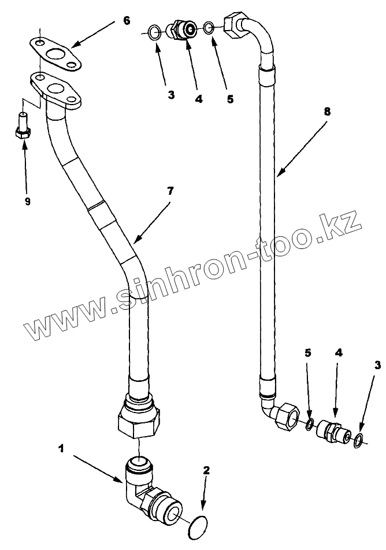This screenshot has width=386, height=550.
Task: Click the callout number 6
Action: pos(127,21)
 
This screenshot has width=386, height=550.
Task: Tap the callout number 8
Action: pos(327,112)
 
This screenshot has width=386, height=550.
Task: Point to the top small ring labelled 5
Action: pos(209,26)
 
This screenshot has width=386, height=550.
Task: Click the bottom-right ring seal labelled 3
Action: pos(358,441)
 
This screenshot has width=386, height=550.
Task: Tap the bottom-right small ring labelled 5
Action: pos(310,425)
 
